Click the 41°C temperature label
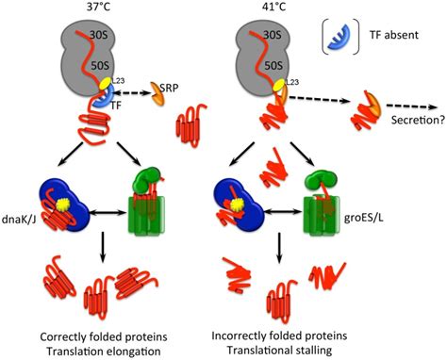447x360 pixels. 268,8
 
